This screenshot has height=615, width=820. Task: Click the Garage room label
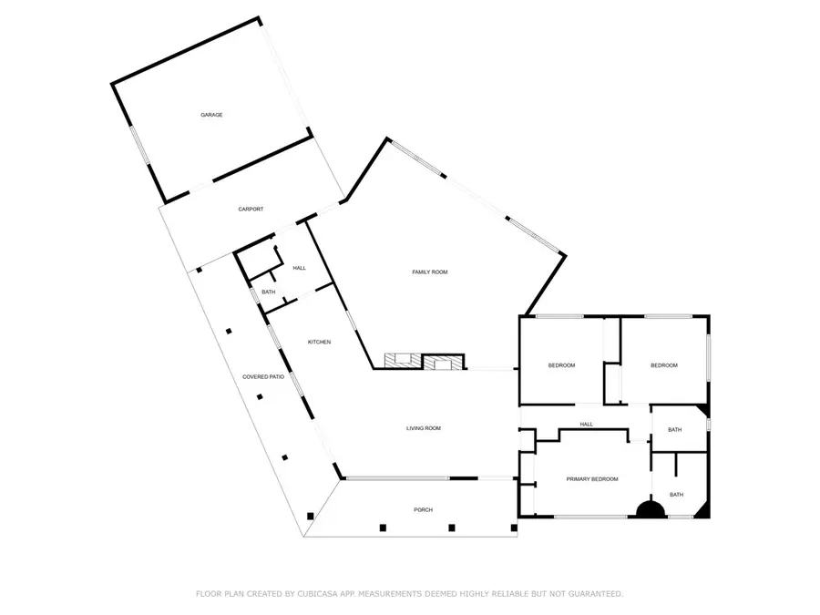pyautogui.click(x=211, y=115)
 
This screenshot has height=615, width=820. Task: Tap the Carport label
pyautogui.click(x=251, y=210)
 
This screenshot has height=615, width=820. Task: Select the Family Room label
pyautogui.click(x=430, y=272)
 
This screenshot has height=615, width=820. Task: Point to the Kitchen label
pyautogui.click(x=318, y=342)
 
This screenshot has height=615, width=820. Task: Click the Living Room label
pyautogui.click(x=424, y=428)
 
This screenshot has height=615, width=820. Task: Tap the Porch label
pyautogui.click(x=423, y=509)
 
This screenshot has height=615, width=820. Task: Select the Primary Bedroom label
pyautogui.click(x=592, y=479)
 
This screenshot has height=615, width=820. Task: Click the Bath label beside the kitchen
pyautogui.click(x=269, y=292)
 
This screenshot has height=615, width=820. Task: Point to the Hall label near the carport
pyautogui.click(x=299, y=268)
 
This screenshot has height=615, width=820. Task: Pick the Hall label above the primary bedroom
pyautogui.click(x=587, y=424)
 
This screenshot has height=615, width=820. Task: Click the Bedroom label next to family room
pyautogui.click(x=561, y=365)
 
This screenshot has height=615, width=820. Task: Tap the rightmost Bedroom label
pyautogui.click(x=663, y=365)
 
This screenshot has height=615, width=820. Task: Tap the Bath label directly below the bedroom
pyautogui.click(x=675, y=430)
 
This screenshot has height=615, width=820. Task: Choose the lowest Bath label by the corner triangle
pyautogui.click(x=677, y=495)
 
